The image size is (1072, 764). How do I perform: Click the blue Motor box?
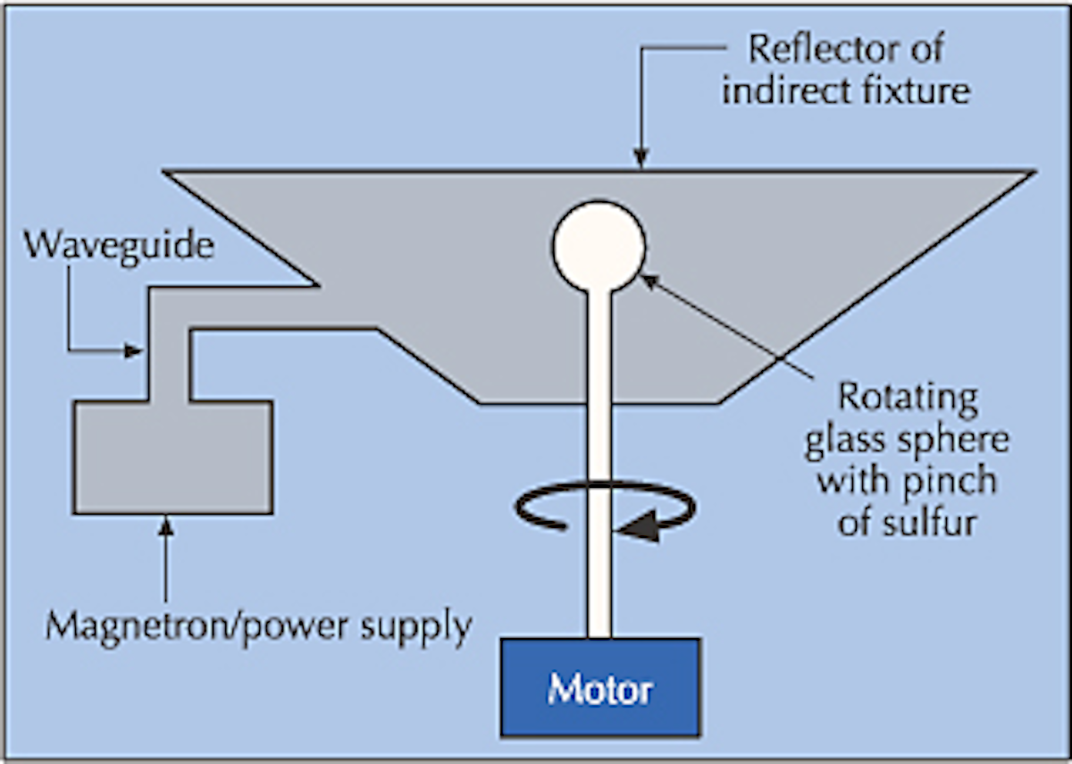[x=599, y=687]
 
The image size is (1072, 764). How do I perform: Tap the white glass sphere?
[x=599, y=247]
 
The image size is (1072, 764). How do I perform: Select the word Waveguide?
[x=119, y=244]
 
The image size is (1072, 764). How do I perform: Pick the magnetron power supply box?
[x=172, y=458]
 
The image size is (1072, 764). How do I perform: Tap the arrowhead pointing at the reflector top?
[x=640, y=159]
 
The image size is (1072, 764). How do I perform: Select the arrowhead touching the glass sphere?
[x=650, y=280]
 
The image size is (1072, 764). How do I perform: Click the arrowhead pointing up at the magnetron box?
[x=165, y=524]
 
